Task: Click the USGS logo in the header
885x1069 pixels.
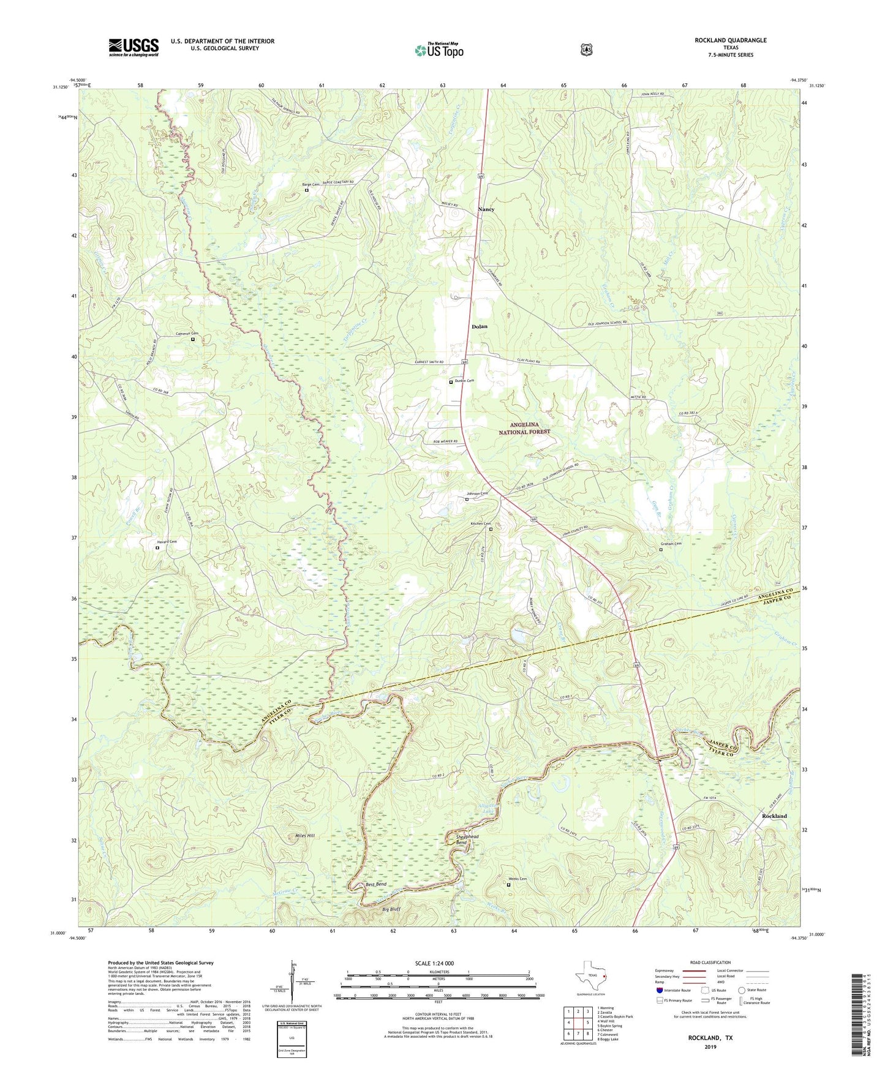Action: [134, 47]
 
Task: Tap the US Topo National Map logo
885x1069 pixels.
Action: [439, 50]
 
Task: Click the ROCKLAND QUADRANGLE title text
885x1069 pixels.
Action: [730, 40]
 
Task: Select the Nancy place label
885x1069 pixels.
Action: [486, 209]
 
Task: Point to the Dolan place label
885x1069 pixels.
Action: [480, 326]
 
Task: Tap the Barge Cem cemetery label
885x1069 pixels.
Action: [311, 185]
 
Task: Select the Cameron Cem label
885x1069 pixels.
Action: [188, 334]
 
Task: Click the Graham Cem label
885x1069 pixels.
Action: [670, 544]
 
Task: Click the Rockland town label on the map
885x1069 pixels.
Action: [774, 816]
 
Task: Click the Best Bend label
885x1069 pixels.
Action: [376, 884]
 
